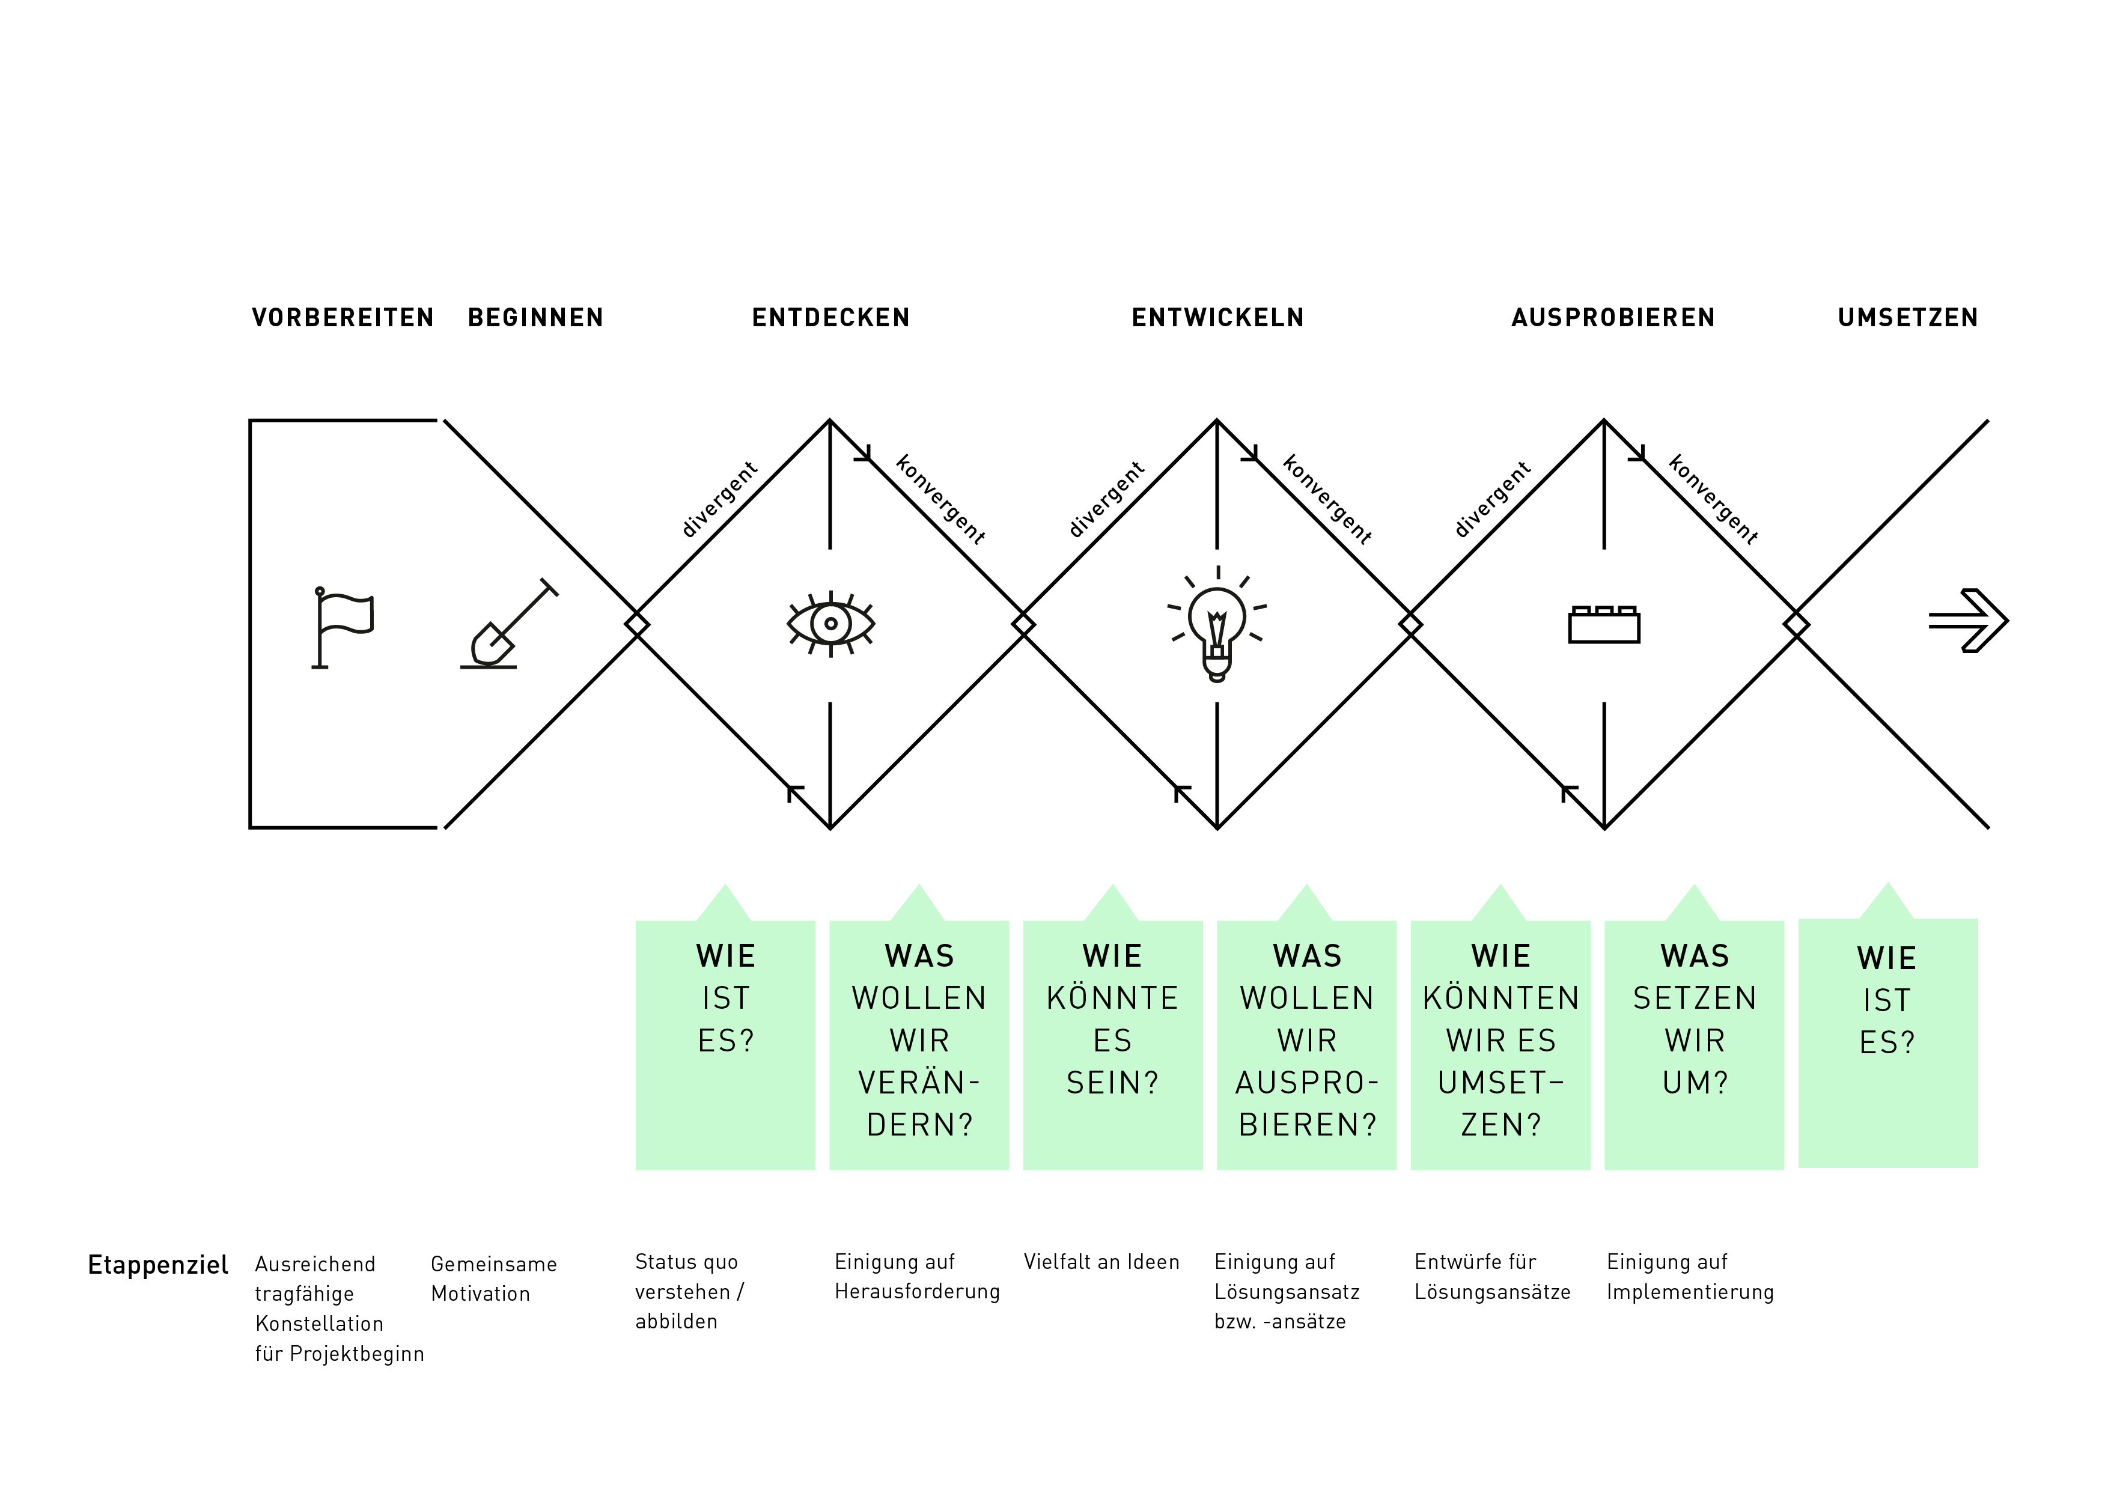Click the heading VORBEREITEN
(x=343, y=318)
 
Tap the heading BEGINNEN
(x=535, y=318)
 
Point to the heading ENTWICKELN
(x=1217, y=318)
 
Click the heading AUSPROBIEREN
(x=1613, y=318)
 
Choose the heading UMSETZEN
(x=1908, y=318)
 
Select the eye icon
(x=831, y=624)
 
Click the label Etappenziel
(x=158, y=1265)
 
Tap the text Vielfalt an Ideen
(x=1101, y=1262)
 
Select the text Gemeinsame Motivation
(x=494, y=1279)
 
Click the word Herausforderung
(x=917, y=1292)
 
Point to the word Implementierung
(x=1690, y=1292)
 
